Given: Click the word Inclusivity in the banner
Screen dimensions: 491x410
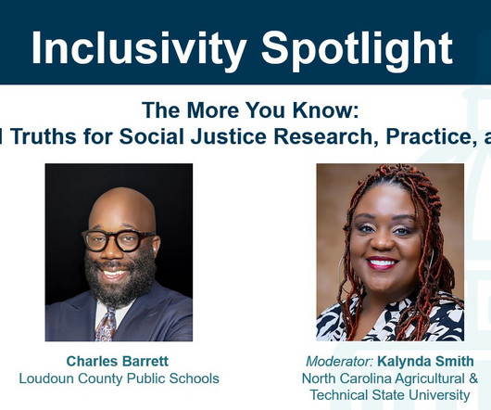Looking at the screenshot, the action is coord(139,48).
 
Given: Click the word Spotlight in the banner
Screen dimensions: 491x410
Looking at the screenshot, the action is coord(357,48).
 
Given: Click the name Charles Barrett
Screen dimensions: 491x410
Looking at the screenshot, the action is coord(118,361).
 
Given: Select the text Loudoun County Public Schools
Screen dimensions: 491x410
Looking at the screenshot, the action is coord(119,378).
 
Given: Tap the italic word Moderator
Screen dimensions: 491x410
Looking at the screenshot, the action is coord(339,362).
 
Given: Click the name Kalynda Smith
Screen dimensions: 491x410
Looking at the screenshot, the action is coord(425,362).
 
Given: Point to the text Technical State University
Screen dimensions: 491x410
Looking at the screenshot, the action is coord(390,395).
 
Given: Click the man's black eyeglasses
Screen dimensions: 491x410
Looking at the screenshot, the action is coord(118,240).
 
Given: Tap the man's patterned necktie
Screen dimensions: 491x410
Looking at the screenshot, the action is coord(106,325).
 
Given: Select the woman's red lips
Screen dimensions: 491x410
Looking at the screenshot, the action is coord(383,263).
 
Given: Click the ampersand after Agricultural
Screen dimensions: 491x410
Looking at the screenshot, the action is coord(473,378).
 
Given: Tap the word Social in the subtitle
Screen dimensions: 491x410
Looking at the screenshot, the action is coord(151,136).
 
